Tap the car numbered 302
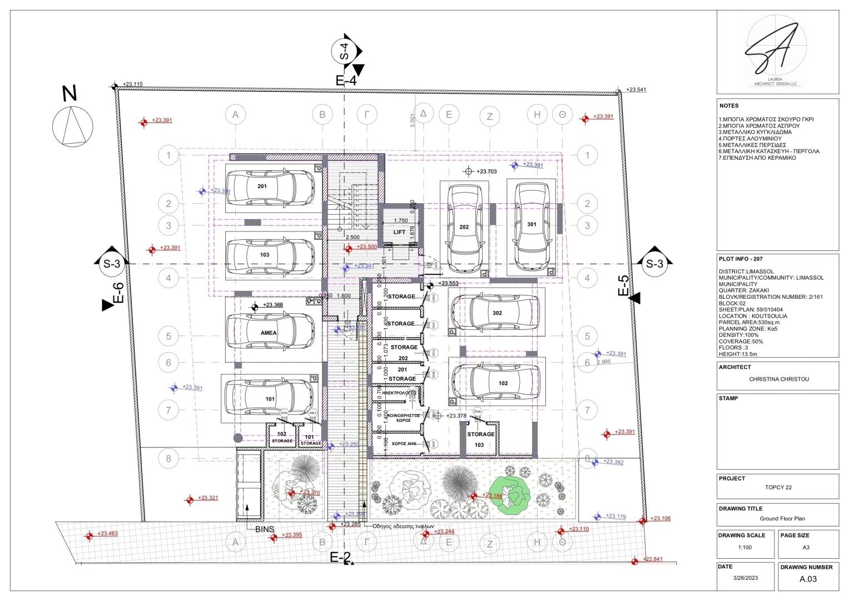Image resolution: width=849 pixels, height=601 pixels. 494,313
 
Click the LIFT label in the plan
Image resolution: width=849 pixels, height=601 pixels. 399,232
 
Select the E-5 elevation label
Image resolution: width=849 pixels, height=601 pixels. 624,285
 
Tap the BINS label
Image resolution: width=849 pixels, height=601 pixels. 265,529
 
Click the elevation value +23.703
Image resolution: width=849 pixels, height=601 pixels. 486,171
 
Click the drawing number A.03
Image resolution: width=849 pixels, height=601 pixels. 808,579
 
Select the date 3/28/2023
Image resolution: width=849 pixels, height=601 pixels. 745,578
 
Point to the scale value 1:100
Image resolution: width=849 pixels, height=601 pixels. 744,547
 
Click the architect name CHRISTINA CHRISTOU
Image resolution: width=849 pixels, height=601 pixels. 778,379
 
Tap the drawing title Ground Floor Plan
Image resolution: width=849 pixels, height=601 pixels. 782,519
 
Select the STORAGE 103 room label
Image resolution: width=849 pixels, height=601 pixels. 480,440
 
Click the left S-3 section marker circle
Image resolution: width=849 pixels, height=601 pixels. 112,264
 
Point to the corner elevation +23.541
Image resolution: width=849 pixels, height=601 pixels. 636,90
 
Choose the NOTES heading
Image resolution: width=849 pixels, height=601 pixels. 729,106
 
